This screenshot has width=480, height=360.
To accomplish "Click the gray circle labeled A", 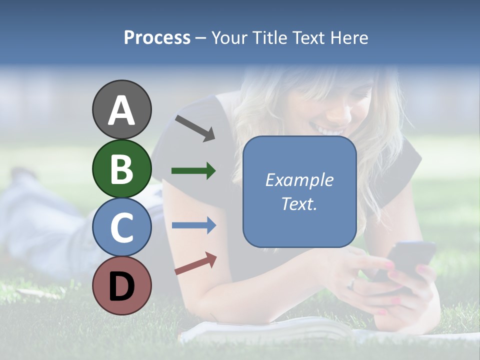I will (121, 110).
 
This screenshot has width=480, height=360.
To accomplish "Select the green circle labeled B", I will (121, 168).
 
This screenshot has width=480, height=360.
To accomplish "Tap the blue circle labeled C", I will (121, 227).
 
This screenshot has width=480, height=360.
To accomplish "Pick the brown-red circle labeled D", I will (121, 285).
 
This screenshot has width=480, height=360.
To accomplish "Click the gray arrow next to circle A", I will (195, 128).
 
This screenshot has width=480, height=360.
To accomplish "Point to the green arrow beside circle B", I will (193, 171).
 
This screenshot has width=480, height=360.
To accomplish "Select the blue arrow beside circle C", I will (193, 225).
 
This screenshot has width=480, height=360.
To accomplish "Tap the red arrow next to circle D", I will (195, 263).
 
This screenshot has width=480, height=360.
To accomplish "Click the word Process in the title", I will (157, 38).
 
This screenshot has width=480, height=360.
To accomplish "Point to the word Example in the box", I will (299, 180).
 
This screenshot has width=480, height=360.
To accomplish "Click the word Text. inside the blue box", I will (299, 204).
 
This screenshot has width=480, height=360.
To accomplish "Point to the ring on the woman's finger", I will (352, 283).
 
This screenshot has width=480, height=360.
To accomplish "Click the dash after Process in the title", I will (200, 38).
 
